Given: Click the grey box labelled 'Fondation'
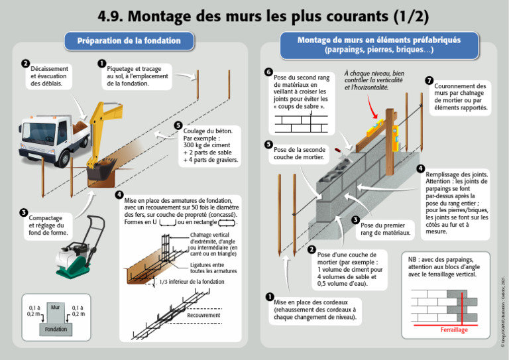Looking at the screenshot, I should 55,329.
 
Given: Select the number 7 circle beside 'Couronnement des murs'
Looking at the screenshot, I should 429,80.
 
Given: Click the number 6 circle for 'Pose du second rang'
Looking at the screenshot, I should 268,72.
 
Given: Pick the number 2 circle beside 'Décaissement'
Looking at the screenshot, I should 25,64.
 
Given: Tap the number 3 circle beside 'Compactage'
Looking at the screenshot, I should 23,213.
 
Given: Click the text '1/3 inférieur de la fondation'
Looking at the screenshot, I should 192,282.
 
